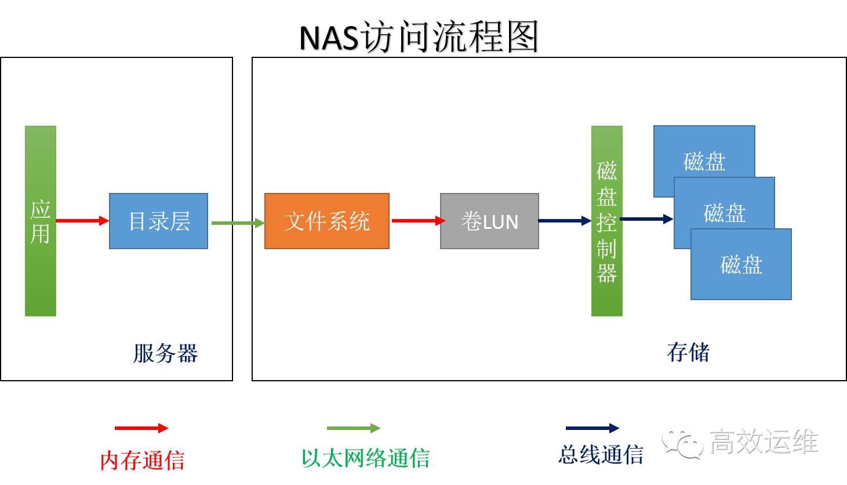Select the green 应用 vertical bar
tap(41, 221)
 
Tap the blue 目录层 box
tap(158, 221)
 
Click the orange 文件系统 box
tap(326, 221)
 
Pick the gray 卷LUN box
tap(489, 221)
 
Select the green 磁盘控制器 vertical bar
tap(606, 221)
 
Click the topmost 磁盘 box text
tap(704, 161)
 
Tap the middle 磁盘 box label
tap(724, 213)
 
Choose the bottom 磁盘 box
tap(741, 264)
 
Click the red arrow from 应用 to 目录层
tap(82, 221)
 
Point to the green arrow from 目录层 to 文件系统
tap(237, 223)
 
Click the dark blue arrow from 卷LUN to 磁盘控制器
tap(564, 221)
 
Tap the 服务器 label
tap(165, 353)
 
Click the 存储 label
tap(688, 352)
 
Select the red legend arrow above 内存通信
tap(141, 428)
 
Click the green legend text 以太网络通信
tap(365, 458)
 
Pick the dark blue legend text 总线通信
tap(601, 455)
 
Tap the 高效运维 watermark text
tap(763, 442)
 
